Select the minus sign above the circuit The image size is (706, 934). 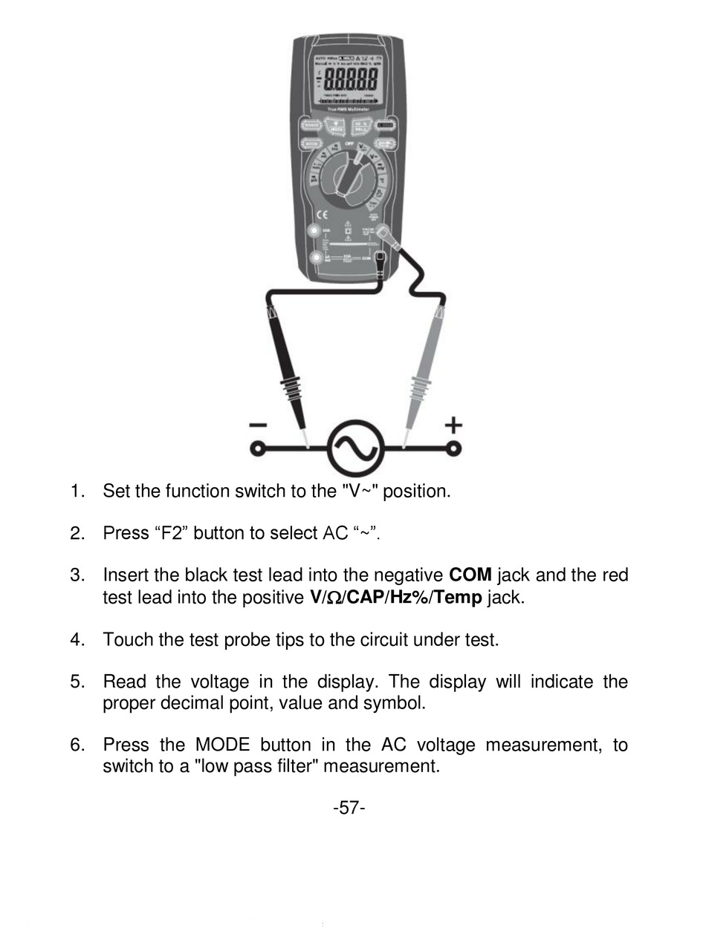click(x=258, y=425)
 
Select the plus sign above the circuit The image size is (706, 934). click(x=453, y=425)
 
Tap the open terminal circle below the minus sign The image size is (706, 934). click(x=257, y=448)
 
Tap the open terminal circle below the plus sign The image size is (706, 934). click(x=454, y=448)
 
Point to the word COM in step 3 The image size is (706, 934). click(x=470, y=575)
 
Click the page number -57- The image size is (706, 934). click(x=349, y=808)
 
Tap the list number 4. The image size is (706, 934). click(x=77, y=639)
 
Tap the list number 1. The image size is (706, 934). click(x=77, y=491)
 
